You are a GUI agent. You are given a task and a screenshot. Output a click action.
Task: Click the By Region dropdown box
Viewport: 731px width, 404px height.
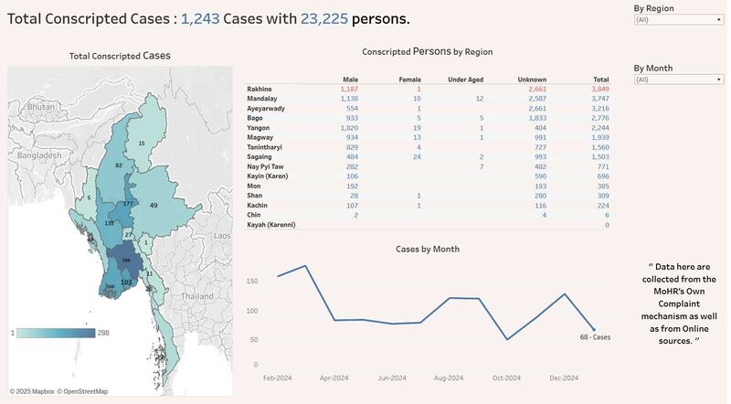[678, 17]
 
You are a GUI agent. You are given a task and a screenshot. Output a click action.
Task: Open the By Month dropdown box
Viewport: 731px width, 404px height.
[678, 80]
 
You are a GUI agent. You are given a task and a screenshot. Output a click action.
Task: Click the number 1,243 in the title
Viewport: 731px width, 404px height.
[199, 18]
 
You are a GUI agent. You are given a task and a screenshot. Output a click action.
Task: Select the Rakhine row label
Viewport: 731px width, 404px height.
[260, 89]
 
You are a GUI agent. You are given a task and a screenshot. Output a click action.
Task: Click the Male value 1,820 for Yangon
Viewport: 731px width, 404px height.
[349, 128]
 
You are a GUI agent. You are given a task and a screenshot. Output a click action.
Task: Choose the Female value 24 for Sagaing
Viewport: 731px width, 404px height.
[417, 157]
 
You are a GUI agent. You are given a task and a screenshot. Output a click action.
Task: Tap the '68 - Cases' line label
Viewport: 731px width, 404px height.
[594, 337]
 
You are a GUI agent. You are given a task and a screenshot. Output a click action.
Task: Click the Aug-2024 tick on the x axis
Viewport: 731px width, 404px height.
[449, 377]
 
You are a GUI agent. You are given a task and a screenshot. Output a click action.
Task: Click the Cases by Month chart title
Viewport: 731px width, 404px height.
[428, 249]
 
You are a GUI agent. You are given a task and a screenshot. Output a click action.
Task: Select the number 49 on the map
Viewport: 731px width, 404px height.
[154, 206]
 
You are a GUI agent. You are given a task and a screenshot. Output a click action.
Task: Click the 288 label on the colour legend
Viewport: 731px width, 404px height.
[103, 333]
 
